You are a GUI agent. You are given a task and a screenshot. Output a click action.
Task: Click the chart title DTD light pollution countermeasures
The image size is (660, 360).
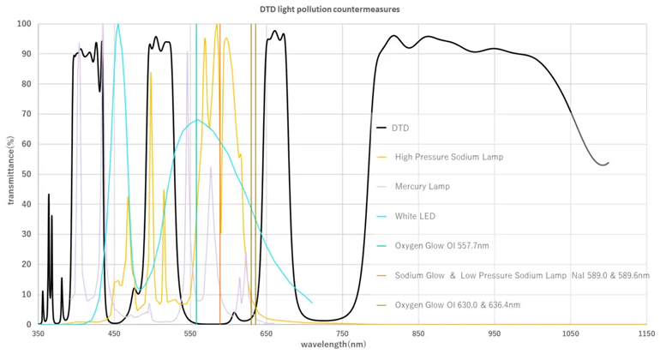329,9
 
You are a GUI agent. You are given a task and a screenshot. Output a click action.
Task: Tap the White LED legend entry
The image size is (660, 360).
417,216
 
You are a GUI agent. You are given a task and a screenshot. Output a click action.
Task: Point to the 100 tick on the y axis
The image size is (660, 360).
25,23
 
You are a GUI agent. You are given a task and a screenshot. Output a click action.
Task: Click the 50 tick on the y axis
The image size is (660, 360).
27,174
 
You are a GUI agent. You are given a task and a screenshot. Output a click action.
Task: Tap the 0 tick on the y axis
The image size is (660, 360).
30,325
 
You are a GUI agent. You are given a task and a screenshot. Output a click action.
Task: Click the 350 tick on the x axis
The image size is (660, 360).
39,334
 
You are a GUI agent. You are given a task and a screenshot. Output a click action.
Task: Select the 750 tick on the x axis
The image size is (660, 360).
342,334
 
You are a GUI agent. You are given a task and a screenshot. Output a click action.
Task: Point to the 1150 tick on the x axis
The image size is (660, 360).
645,334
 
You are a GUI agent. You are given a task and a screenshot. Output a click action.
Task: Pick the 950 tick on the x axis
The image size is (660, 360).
494,334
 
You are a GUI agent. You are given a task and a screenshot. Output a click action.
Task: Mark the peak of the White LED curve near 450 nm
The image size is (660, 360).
118,24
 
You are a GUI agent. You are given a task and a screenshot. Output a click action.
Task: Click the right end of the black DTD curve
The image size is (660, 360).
608,163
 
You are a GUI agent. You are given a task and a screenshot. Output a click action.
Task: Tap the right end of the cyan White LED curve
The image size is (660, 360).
312,303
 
